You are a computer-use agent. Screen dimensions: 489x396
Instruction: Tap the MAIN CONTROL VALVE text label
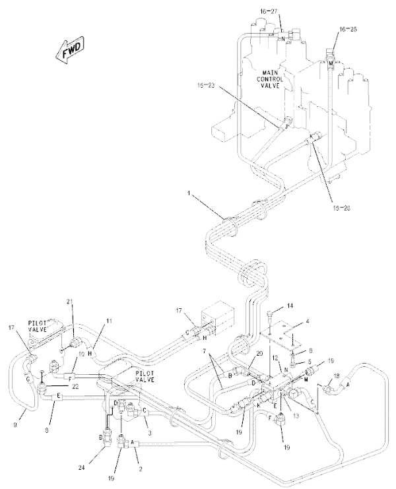271,79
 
